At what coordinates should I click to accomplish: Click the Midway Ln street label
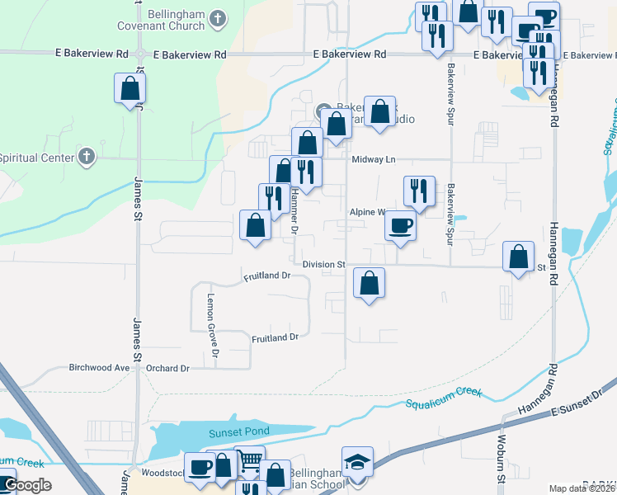(x=374, y=160)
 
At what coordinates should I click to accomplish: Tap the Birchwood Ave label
(x=100, y=368)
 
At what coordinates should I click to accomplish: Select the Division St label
(x=323, y=264)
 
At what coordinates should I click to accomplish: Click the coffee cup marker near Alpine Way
(x=401, y=225)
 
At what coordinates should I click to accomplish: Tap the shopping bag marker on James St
(x=130, y=88)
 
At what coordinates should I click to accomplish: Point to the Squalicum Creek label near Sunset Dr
(x=443, y=398)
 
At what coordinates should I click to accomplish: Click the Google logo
(x=26, y=485)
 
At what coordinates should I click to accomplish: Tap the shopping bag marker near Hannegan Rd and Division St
(x=520, y=256)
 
